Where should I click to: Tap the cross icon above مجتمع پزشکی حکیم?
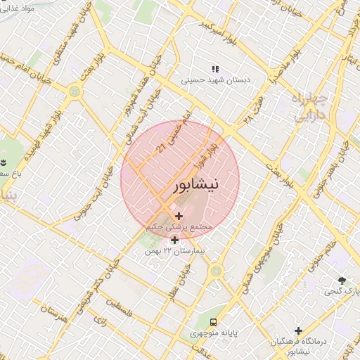(x=179, y=216)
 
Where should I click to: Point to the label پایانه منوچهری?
(x=215, y=331)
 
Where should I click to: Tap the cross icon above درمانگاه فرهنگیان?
(x=298, y=330)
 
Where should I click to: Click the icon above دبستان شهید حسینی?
(x=215, y=69)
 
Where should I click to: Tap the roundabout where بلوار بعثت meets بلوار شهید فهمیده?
(x=74, y=91)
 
